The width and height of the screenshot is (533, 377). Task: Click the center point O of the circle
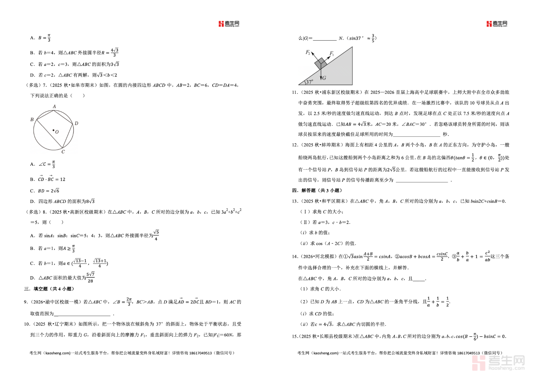click(53, 130)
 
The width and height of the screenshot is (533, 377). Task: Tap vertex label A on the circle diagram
click(54, 106)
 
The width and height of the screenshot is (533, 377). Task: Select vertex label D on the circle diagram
click(76, 123)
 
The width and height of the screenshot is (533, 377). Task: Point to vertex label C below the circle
click(63, 152)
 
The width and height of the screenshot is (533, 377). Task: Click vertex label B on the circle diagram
click(32, 119)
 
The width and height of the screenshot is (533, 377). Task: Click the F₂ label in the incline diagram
click(308, 53)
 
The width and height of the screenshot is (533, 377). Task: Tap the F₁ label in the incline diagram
click(332, 53)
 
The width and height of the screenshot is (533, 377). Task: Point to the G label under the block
click(324, 78)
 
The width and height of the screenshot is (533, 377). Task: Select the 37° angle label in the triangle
click(309, 82)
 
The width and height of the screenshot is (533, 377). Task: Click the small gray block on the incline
click(321, 63)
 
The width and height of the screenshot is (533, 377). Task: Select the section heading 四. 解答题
click(317, 190)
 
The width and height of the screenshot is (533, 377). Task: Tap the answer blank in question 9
click(82, 313)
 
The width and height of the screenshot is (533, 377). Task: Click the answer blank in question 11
click(416, 134)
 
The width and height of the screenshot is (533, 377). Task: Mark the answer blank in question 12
click(422, 180)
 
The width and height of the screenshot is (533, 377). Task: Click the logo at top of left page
click(229, 24)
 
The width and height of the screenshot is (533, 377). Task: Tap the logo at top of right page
click(497, 24)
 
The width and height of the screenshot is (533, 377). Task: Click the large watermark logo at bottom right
click(498, 363)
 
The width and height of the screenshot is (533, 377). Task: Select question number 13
click(295, 201)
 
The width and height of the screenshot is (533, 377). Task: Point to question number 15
click(295, 336)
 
